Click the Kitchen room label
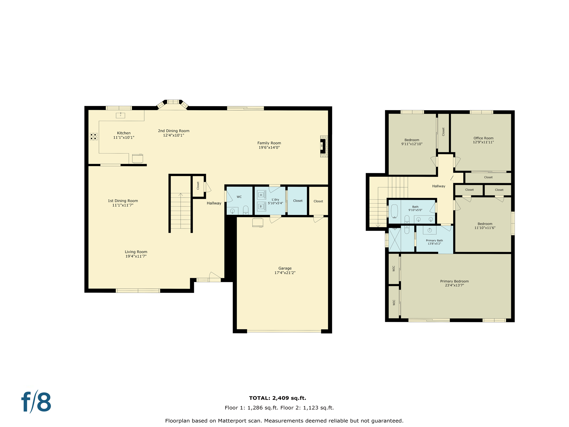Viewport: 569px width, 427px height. tap(124, 133)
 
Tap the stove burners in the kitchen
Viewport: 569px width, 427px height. tap(94, 136)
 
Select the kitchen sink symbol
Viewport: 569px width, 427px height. tap(120, 115)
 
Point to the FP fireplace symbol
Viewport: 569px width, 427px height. tap(323, 146)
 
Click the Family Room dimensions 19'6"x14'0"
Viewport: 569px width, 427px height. tap(269, 148)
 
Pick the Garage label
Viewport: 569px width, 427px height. tap(285, 268)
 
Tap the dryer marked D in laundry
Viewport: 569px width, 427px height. tap(261, 195)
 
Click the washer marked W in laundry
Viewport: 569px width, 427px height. tap(261, 206)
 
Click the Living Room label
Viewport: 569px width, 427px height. tap(136, 252)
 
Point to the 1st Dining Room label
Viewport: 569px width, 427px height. tap(123, 201)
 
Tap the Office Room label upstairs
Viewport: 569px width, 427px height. tap(483, 138)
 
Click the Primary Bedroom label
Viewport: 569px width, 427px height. tap(454, 281)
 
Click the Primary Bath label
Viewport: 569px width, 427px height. tap(434, 240)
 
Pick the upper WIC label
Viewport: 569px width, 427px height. tap(394, 268)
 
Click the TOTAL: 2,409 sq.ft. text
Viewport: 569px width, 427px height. tap(278, 398)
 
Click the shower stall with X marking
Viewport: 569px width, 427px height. tap(395, 240)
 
